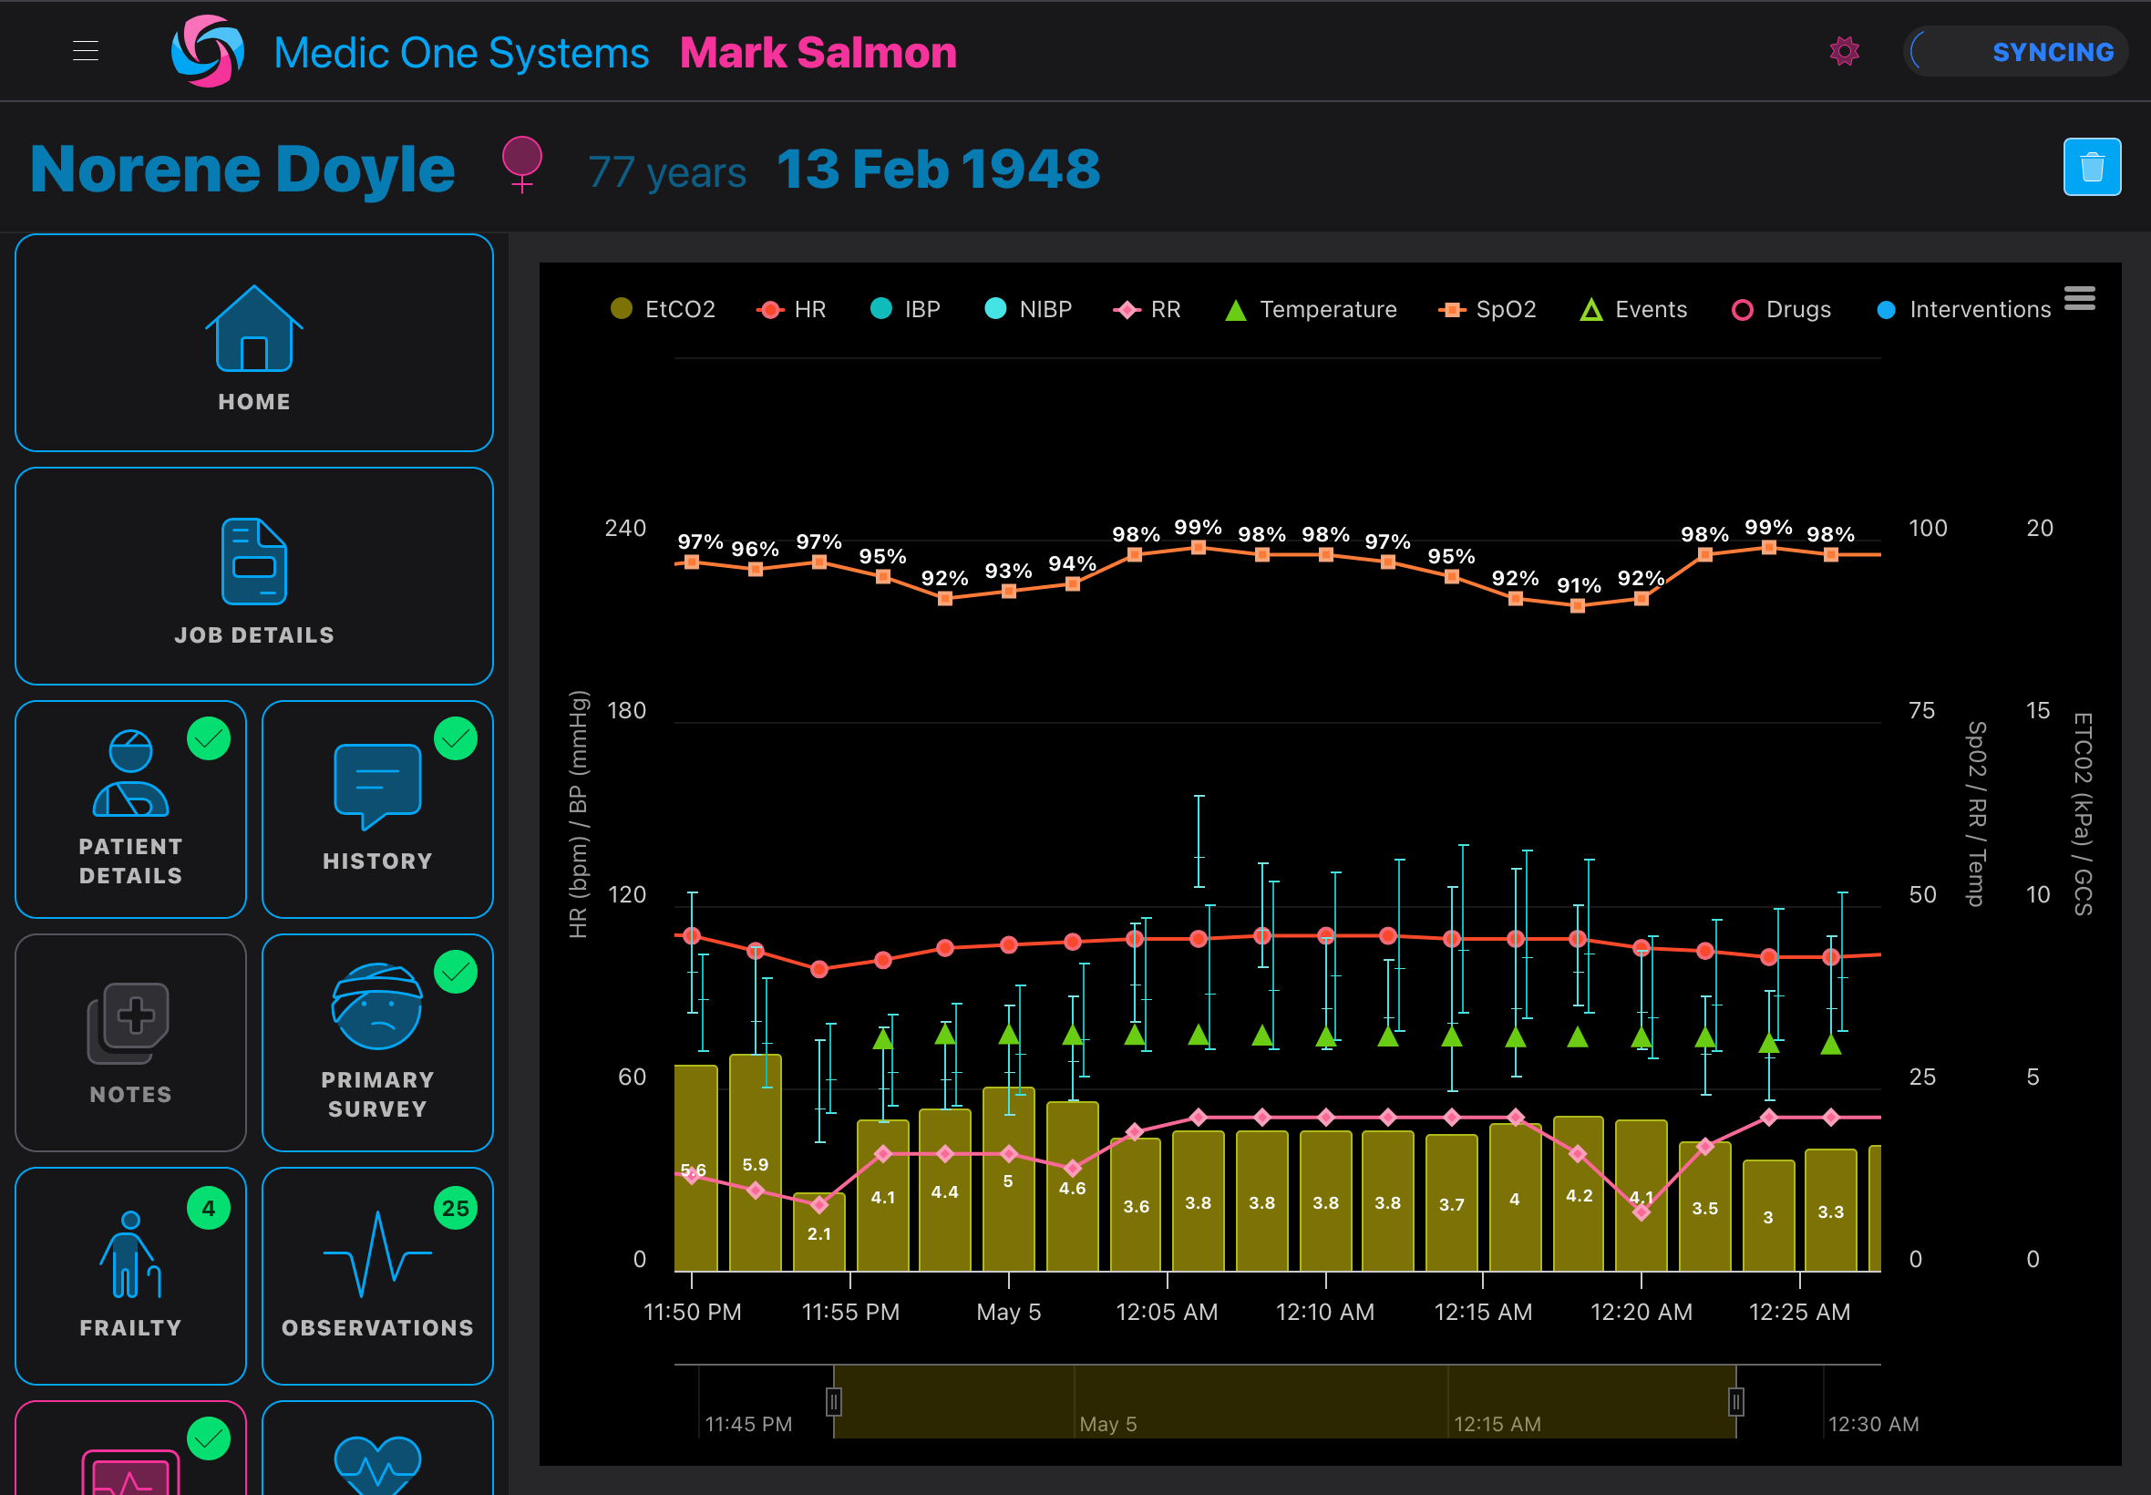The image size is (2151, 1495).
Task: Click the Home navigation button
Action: click(x=253, y=343)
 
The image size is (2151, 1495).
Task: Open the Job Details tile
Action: click(x=253, y=576)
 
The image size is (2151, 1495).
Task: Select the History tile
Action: click(x=377, y=809)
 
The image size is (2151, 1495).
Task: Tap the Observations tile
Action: click(x=377, y=1275)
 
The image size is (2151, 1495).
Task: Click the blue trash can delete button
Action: click(x=2091, y=168)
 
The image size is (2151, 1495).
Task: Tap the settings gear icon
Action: click(x=1844, y=52)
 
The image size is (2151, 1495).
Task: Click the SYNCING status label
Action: click(x=2052, y=53)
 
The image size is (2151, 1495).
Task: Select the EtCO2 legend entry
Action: click(x=663, y=309)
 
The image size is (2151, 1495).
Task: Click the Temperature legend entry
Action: click(x=1311, y=309)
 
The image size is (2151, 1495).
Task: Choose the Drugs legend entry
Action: click(x=1782, y=309)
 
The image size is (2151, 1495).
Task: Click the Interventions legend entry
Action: click(x=1964, y=309)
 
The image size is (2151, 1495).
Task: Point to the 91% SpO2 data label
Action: click(x=1578, y=585)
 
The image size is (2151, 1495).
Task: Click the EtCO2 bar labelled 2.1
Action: click(x=818, y=1232)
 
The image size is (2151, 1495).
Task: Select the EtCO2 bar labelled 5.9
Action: click(x=755, y=1164)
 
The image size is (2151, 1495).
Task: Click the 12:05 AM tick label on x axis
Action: click(x=1166, y=1312)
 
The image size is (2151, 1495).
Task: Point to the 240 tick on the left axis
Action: click(x=624, y=529)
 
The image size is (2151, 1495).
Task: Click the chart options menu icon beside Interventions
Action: click(x=2079, y=298)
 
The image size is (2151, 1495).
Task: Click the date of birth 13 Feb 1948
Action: click(x=937, y=170)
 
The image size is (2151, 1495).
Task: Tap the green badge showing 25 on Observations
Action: click(x=455, y=1209)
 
